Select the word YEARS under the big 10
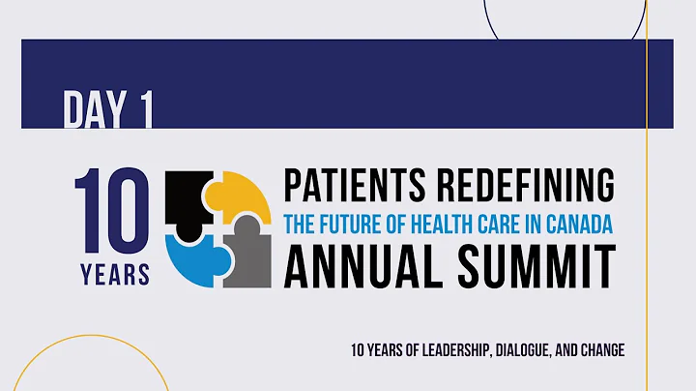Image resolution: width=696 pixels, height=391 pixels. tap(114, 274)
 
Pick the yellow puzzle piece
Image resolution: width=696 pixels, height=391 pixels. tap(241, 197)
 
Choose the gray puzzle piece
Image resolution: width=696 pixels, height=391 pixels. tap(247, 256)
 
